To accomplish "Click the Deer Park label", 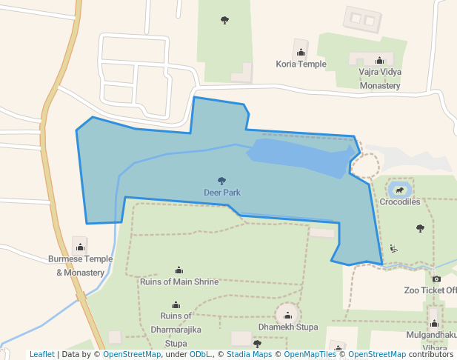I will [x=222, y=193].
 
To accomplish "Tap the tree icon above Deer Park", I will [x=221, y=181].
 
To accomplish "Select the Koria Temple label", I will [x=301, y=64].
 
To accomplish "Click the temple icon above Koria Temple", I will [x=301, y=53].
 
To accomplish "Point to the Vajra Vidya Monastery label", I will [x=380, y=79].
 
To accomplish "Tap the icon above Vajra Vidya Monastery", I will [x=379, y=61].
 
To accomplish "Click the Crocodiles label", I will [x=400, y=201].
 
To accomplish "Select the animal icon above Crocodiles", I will [x=400, y=190].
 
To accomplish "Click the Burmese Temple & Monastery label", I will [x=80, y=266].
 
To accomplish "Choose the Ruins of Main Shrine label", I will [x=179, y=281].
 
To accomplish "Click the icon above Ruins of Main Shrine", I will [x=179, y=270].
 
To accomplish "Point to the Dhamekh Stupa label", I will [x=288, y=327].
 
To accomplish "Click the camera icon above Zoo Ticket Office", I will [x=436, y=279].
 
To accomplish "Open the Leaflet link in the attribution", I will [x=41, y=355].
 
